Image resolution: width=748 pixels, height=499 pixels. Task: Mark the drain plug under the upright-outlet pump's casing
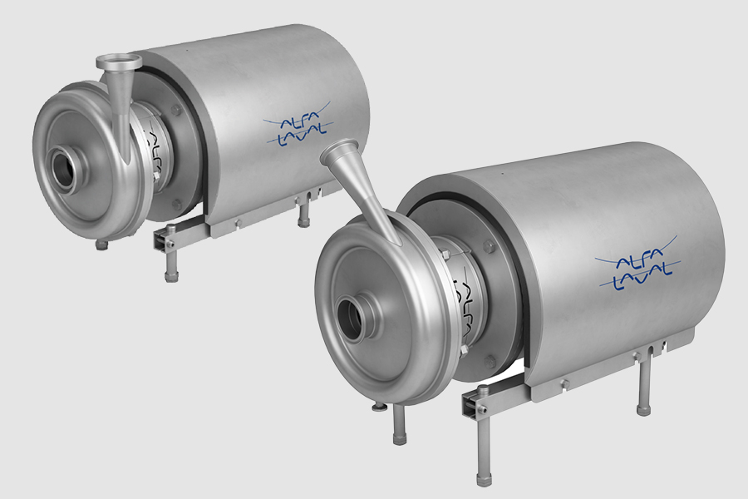click(102, 245)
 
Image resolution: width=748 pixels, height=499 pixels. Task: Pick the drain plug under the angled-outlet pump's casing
click(379, 406)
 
